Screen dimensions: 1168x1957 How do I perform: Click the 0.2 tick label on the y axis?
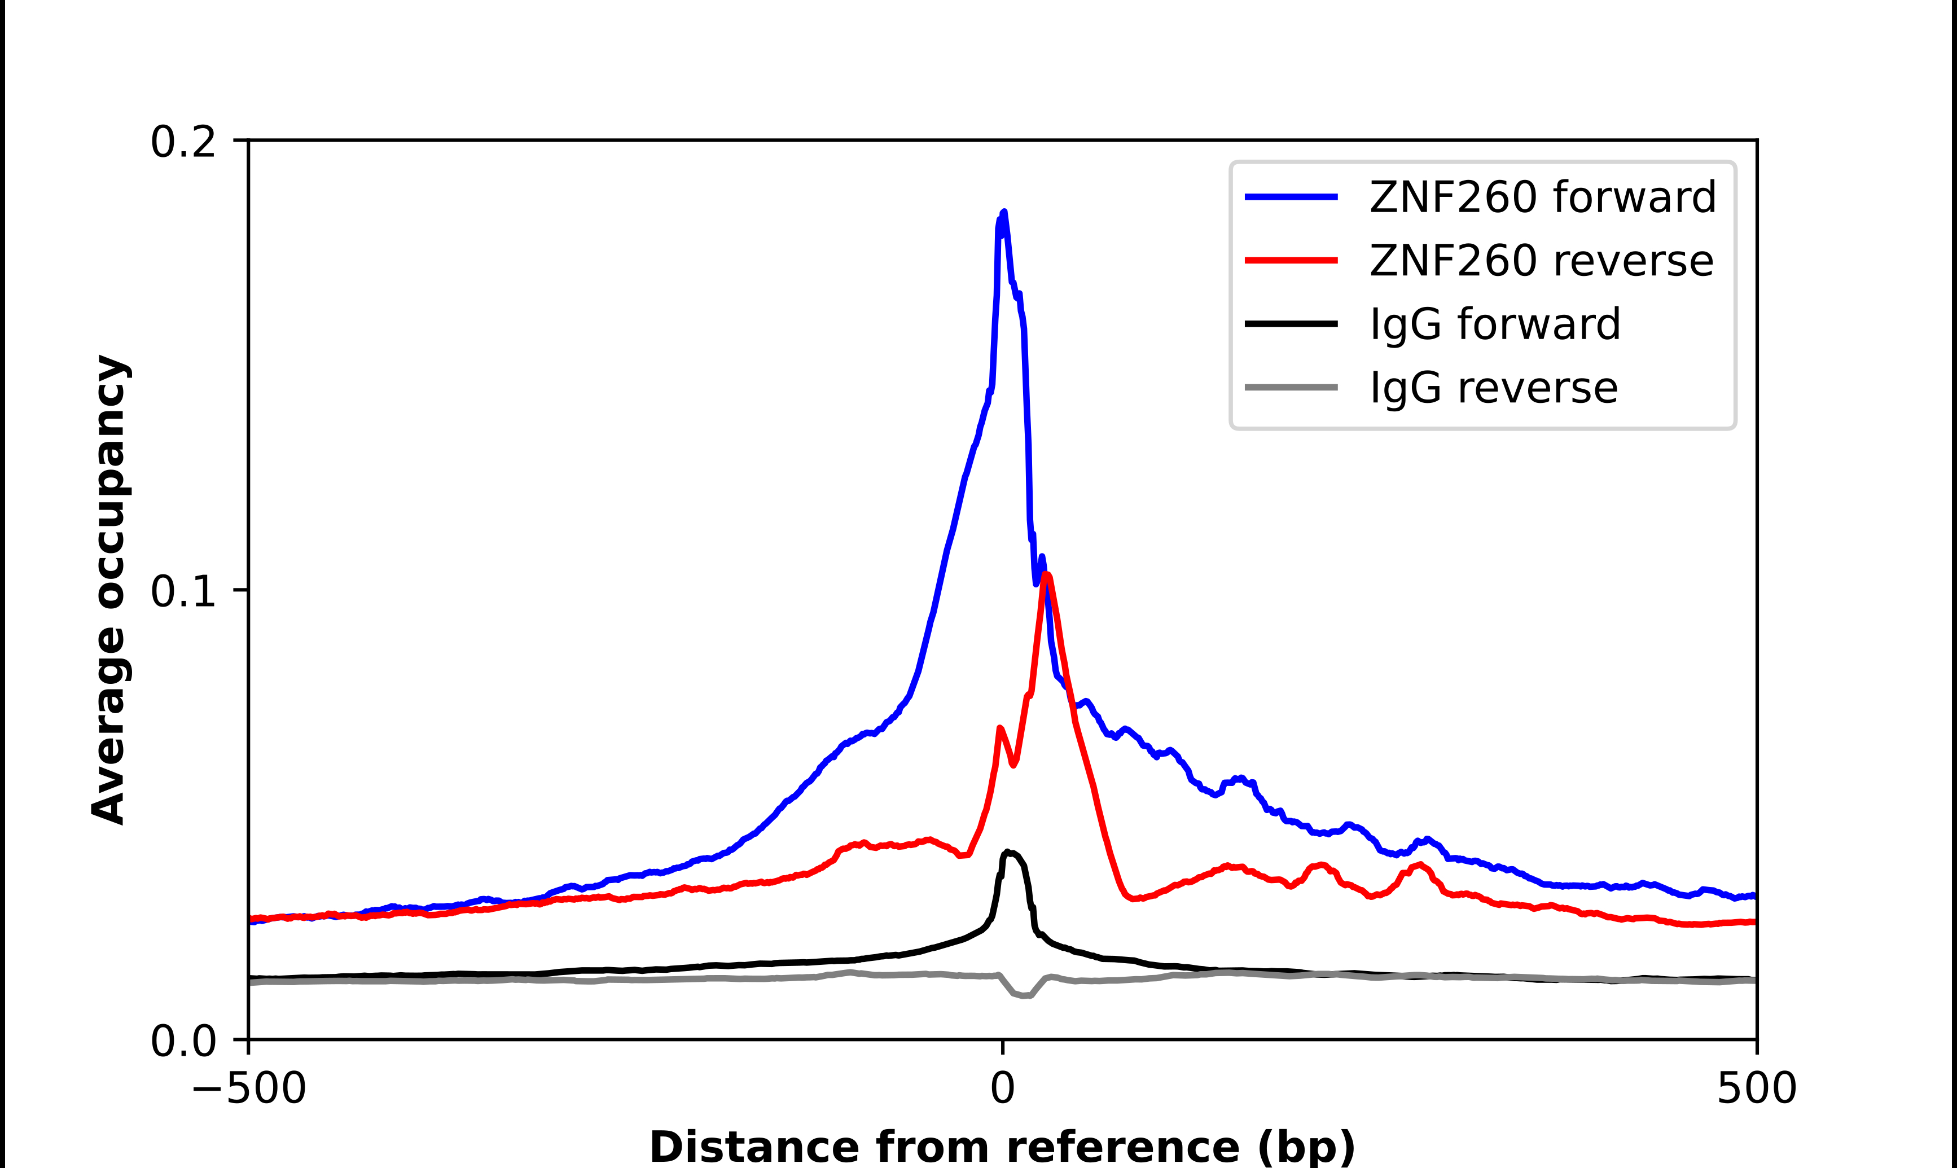[183, 142]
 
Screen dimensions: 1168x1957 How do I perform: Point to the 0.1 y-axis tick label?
[183, 591]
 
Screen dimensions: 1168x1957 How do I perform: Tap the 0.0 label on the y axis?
[183, 1041]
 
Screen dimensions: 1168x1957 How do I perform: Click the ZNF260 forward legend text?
[1542, 197]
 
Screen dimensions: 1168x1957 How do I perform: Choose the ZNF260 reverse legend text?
[1541, 261]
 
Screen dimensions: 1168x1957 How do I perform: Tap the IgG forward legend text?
[1495, 324]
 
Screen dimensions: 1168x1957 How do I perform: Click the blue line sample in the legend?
[1291, 197]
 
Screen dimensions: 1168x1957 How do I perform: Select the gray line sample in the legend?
[1291, 387]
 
